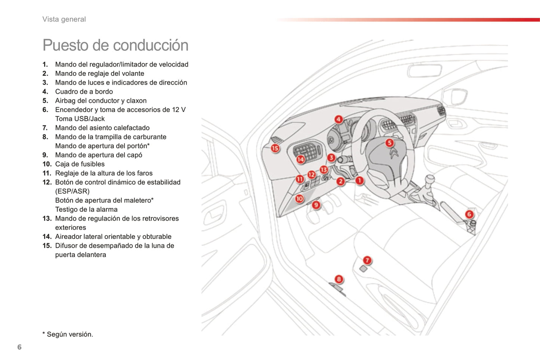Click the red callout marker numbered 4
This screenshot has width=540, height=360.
click(x=338, y=119)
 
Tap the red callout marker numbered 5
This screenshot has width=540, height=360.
click(x=389, y=143)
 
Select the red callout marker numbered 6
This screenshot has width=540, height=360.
click(x=469, y=214)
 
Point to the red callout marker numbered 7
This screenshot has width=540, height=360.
click(x=367, y=260)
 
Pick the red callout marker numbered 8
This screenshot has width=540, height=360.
click(x=339, y=279)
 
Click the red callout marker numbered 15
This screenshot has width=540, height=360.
click(x=275, y=148)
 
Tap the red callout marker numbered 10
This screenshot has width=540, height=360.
click(x=299, y=199)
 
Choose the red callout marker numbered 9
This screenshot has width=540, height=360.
click(x=316, y=205)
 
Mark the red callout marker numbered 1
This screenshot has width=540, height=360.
click(x=359, y=181)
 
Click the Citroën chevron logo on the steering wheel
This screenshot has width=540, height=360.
click(x=394, y=153)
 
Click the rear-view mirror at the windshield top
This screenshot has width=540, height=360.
click(x=425, y=70)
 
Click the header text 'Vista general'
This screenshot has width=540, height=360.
click(x=64, y=19)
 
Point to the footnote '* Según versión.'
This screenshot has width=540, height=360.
click(x=68, y=334)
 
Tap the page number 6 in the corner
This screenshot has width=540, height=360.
click(x=19, y=347)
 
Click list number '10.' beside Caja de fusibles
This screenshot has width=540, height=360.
click(x=47, y=164)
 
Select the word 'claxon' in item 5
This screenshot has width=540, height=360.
click(x=136, y=100)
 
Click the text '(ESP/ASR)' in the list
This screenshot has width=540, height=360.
click(x=72, y=191)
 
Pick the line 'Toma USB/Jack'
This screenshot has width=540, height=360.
click(x=80, y=119)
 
